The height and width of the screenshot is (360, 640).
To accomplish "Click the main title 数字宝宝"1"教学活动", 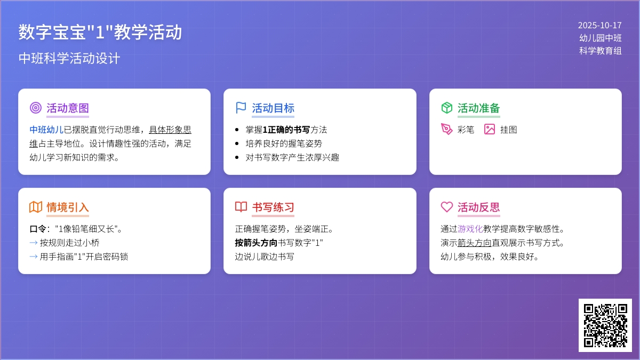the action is pyautogui.click(x=100, y=31).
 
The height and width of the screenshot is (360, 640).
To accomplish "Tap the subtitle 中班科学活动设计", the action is pyautogui.click(x=69, y=58).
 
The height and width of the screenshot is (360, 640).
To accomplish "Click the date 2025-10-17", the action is pyautogui.click(x=599, y=26).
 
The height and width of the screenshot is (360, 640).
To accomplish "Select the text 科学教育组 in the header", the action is pyautogui.click(x=601, y=51).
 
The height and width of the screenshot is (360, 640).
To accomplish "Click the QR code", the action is pyautogui.click(x=605, y=325).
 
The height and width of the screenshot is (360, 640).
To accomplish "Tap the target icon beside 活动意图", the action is pyautogui.click(x=36, y=108).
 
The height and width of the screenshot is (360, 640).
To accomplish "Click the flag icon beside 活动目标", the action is pyautogui.click(x=241, y=108).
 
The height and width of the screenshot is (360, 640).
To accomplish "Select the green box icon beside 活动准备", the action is pyautogui.click(x=446, y=108).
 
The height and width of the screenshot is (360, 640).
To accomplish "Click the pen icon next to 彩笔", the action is pyautogui.click(x=446, y=129).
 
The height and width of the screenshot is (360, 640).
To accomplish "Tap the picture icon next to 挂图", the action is pyautogui.click(x=490, y=129).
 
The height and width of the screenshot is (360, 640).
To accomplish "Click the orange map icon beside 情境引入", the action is pyautogui.click(x=36, y=207).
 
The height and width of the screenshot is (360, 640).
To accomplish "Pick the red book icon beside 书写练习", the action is pyautogui.click(x=241, y=206).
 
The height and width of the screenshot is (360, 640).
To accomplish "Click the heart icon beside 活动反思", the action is pyautogui.click(x=446, y=207).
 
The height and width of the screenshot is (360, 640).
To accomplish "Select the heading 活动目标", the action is pyautogui.click(x=273, y=108).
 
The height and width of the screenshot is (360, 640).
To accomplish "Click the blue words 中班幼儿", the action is pyautogui.click(x=46, y=130).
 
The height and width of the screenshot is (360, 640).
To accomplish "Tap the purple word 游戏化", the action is pyautogui.click(x=470, y=229).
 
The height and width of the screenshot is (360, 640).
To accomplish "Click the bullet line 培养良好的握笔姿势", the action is pyautogui.click(x=284, y=143).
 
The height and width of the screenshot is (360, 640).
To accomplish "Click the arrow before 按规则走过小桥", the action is pyautogui.click(x=34, y=243).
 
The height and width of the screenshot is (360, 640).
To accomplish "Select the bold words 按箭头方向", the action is pyautogui.click(x=256, y=243).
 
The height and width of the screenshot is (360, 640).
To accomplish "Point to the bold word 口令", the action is pyautogui.click(x=38, y=229).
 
